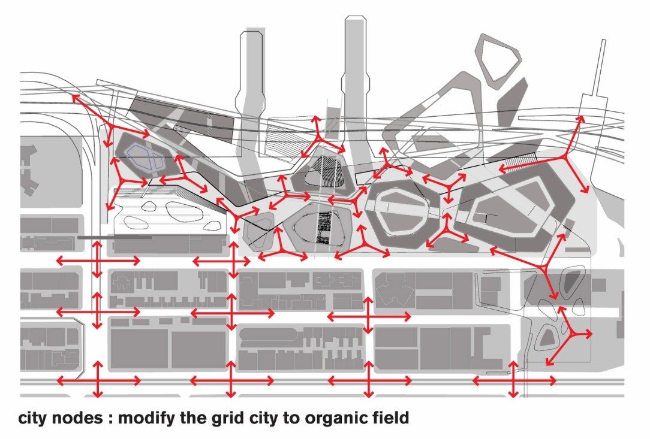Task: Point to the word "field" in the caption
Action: tap(388, 417)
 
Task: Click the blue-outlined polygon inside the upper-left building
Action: tap(144, 158)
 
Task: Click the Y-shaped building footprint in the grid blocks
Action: tap(395, 288)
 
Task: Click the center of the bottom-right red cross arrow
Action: tap(513, 380)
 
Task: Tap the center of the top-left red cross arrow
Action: tap(97, 261)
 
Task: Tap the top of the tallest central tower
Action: tap(355, 17)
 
